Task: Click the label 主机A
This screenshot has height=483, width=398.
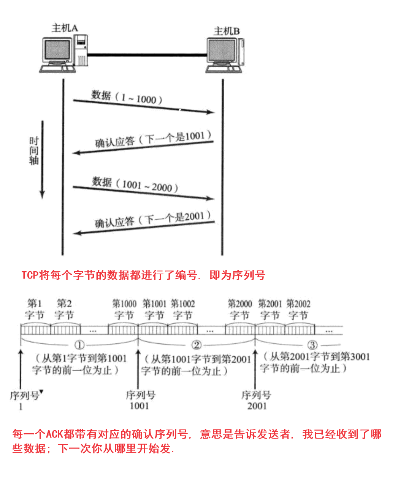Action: [65, 28]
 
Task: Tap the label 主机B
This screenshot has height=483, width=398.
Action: [227, 31]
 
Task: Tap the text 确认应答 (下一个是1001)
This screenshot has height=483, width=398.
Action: [153, 139]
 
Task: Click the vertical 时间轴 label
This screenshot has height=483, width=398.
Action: [34, 151]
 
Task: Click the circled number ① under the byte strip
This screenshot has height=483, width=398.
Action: [79, 345]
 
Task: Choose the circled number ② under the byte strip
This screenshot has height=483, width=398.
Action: [196, 345]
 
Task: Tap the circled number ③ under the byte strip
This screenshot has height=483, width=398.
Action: [312, 345]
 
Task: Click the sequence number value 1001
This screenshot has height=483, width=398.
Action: [139, 406]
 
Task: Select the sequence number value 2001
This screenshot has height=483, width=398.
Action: [257, 406]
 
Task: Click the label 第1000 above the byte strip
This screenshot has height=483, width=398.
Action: [124, 304]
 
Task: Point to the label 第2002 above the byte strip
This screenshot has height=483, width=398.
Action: [298, 304]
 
